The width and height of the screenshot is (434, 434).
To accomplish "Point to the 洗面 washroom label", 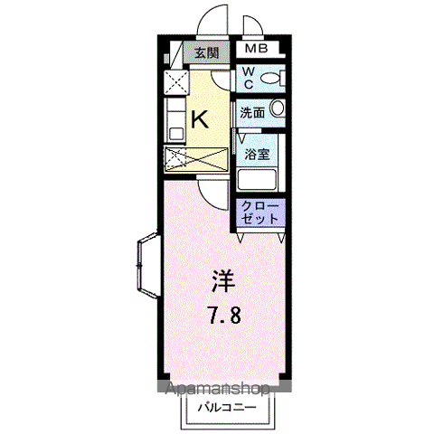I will click(252, 113).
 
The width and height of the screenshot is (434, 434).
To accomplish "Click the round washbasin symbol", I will click(278, 110).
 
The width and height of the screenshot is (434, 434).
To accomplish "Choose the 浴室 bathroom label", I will click(257, 154).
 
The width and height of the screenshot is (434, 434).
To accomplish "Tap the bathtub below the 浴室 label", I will click(261, 176).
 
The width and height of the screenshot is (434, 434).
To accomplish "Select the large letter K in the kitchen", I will click(200, 119).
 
